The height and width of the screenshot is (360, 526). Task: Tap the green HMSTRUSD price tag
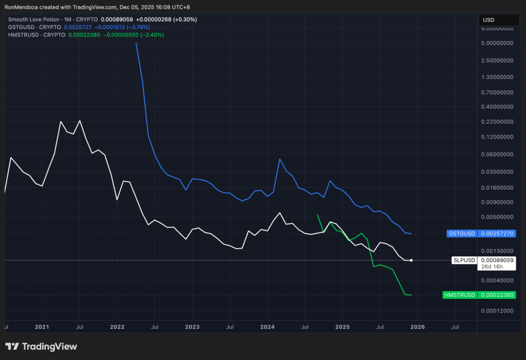click(x=479, y=295)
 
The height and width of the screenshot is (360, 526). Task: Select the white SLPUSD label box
click(x=464, y=260)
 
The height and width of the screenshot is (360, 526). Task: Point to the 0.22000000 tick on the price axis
click(x=497, y=122)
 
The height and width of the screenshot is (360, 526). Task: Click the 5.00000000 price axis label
click(x=497, y=43)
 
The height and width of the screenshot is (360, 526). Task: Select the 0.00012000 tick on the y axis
click(x=497, y=311)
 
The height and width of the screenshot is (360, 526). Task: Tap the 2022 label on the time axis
click(x=117, y=327)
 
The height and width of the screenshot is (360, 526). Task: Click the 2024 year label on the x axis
click(x=267, y=327)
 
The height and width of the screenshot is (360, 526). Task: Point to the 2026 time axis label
click(x=417, y=327)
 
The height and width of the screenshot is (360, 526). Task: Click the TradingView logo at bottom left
click(x=41, y=347)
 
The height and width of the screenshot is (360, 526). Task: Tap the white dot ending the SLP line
click(x=411, y=260)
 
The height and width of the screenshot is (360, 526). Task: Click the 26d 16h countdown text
click(x=491, y=267)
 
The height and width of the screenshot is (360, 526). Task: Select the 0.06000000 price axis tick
click(x=497, y=154)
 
